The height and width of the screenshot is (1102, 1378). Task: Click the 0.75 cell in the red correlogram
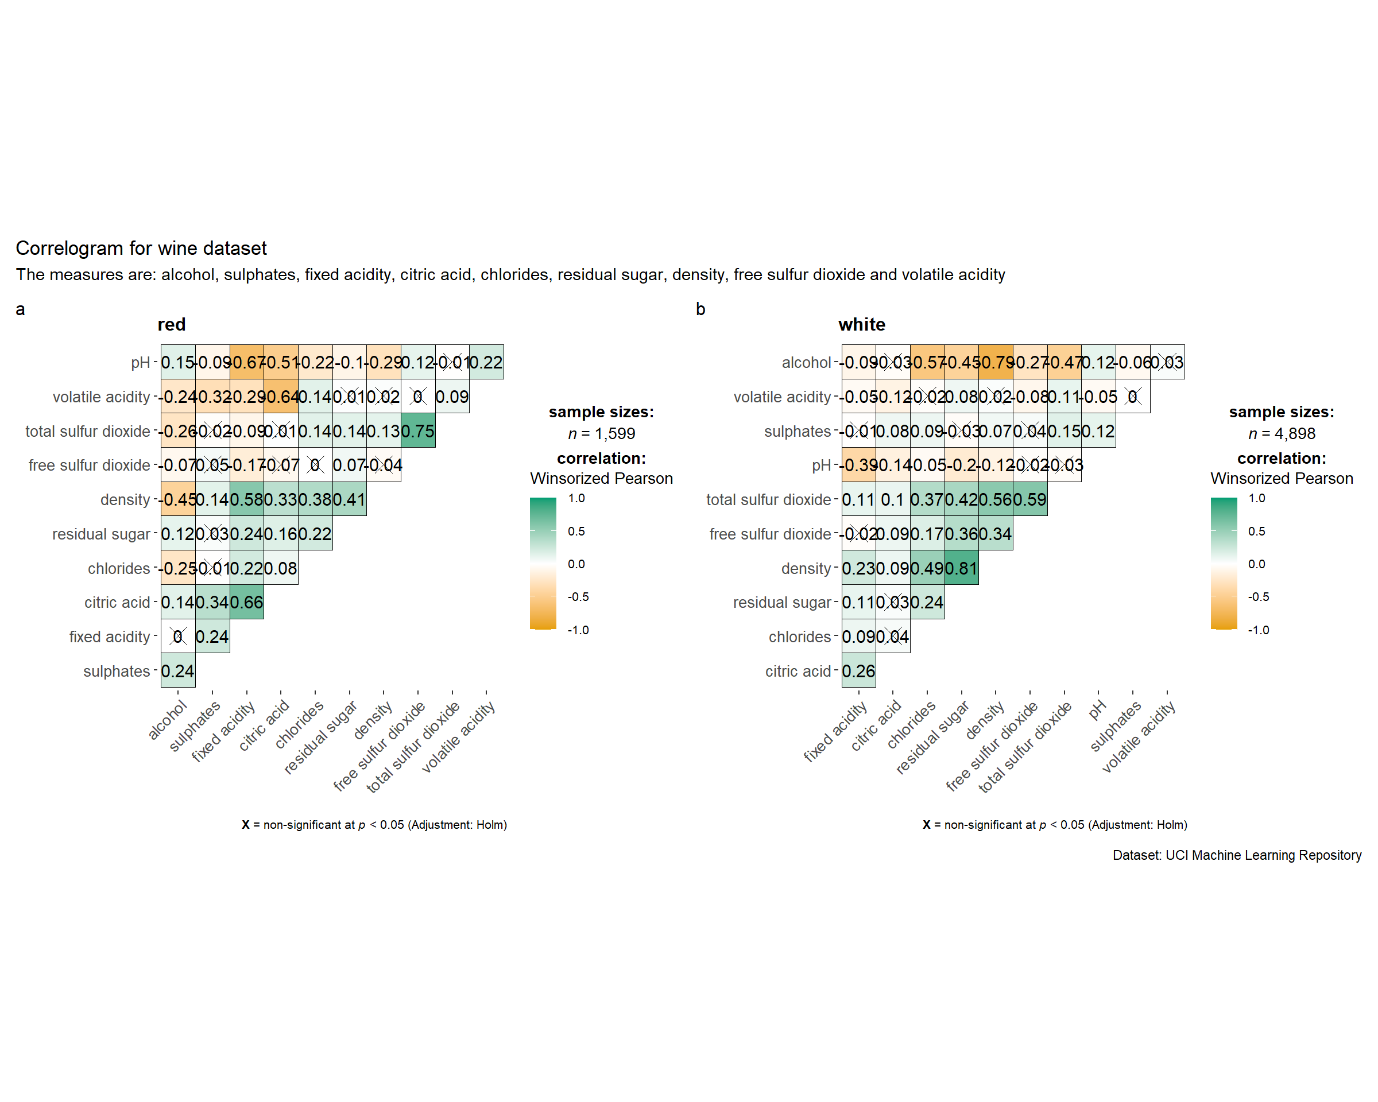tap(418, 431)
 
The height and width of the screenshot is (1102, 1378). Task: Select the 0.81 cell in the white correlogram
tap(961, 569)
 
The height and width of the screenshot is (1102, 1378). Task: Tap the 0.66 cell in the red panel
tap(247, 603)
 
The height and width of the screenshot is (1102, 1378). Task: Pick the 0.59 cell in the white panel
tap(1029, 499)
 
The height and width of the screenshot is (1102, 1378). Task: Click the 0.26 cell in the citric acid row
tap(858, 672)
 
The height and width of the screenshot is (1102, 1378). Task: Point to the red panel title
tap(171, 324)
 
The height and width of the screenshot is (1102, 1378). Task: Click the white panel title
tap(862, 324)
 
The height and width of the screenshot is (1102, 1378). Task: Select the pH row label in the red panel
tap(140, 363)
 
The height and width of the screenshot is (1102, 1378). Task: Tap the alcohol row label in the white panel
tap(806, 363)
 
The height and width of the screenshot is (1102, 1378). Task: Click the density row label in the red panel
tap(125, 499)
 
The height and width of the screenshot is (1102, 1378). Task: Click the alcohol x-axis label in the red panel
tap(168, 720)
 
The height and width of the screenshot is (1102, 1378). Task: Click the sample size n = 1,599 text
tap(601, 434)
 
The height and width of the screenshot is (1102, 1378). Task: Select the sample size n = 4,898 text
tap(1282, 434)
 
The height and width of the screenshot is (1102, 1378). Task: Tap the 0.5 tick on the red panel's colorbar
tap(576, 531)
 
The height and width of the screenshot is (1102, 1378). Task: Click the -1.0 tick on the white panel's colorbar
tap(1259, 630)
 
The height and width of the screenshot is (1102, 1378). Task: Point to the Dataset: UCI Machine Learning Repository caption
tap(1237, 855)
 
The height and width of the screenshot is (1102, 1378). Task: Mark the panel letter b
tap(700, 310)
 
